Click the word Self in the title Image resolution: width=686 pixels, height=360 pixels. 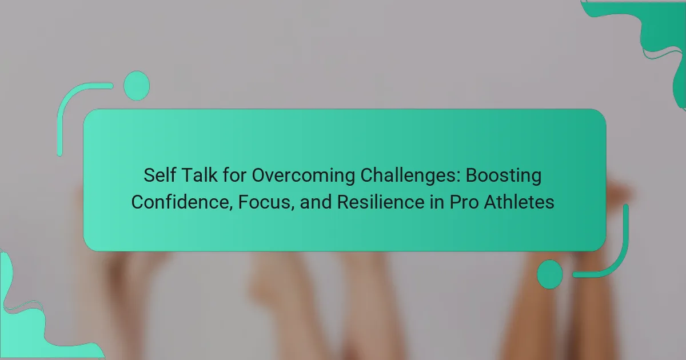click(x=159, y=175)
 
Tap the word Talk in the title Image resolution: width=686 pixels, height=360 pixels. click(x=200, y=175)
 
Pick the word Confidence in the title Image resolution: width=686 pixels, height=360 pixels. click(x=180, y=202)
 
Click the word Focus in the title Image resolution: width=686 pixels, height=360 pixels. click(x=264, y=202)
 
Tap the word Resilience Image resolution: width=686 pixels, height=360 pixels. click(x=381, y=202)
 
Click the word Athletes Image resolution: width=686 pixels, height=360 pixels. click(x=519, y=202)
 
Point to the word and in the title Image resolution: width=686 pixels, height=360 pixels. click(x=316, y=202)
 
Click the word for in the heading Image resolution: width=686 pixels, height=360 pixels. click(x=234, y=175)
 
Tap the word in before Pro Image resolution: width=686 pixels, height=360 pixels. click(x=437, y=202)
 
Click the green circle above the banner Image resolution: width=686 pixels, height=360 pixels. click(x=137, y=86)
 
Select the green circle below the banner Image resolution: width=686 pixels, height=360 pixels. click(x=550, y=274)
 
